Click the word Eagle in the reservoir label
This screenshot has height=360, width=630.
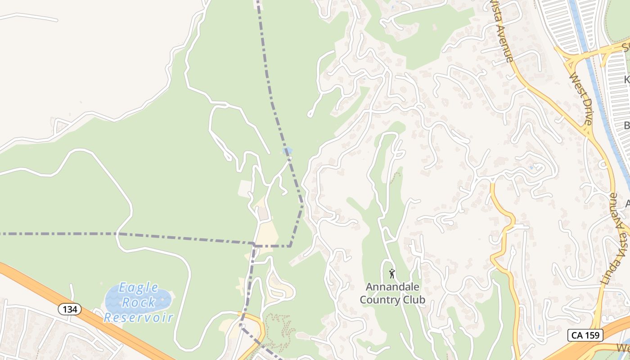coord(139,288)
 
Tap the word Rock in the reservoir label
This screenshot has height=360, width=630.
coord(139,302)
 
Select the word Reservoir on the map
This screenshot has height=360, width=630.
coord(139,317)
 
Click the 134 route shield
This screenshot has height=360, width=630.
coord(70,309)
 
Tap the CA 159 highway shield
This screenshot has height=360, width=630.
coord(585,335)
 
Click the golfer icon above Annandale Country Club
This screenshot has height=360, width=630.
coord(392,273)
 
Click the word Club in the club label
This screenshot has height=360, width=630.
coord(414,300)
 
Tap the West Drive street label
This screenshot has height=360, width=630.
coord(581,100)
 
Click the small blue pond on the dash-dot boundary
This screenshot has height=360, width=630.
coord(288,151)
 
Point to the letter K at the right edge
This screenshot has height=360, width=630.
coord(627,80)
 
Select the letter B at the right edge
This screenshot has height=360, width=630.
coord(627,125)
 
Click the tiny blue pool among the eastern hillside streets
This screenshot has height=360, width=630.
coord(532,168)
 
